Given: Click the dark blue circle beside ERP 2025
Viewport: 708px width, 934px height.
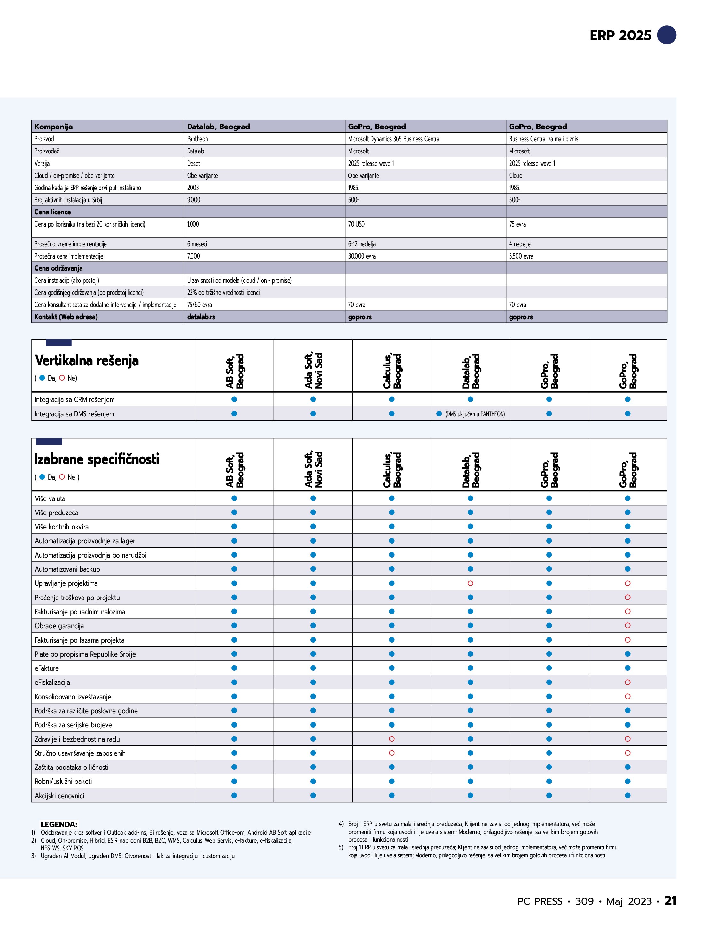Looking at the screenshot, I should pyautogui.click(x=666, y=35).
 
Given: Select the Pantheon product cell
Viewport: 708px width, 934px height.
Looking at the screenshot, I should pyautogui.click(x=198, y=139).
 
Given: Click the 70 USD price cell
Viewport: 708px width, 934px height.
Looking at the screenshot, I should pyautogui.click(x=356, y=224).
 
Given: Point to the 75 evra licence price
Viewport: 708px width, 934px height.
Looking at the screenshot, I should pyautogui.click(x=517, y=224).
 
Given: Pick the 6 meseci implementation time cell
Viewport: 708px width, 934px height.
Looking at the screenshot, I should pyautogui.click(x=197, y=244).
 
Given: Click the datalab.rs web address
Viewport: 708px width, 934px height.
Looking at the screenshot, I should pyautogui.click(x=201, y=317).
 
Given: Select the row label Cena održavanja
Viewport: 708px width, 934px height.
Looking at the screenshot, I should pyautogui.click(x=52, y=268).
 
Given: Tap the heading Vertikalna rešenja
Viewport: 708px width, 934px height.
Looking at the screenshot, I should pyautogui.click(x=87, y=360).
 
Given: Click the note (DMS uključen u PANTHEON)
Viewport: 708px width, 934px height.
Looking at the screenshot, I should pyautogui.click(x=475, y=414).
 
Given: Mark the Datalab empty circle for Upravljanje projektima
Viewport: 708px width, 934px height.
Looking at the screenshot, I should pyautogui.click(x=470, y=583).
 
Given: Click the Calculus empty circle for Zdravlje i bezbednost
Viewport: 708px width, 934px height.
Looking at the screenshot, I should pyautogui.click(x=392, y=739).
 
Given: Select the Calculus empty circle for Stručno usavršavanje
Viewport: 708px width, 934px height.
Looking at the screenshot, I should pyautogui.click(x=392, y=753).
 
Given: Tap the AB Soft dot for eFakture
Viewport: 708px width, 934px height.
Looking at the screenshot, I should pyautogui.click(x=234, y=668).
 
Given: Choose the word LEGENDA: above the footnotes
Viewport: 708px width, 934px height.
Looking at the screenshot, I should pyautogui.click(x=59, y=824).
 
